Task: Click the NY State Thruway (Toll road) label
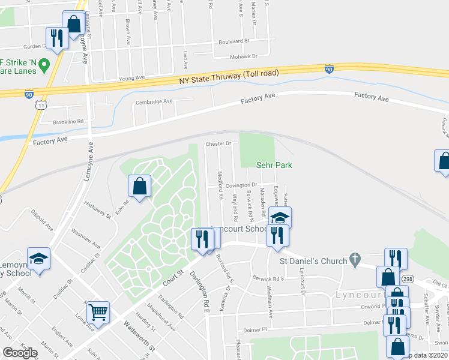click(229, 76)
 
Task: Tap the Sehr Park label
click(273, 164)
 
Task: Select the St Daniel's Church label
click(313, 261)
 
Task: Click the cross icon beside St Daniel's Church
click(356, 260)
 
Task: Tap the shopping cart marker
click(98, 311)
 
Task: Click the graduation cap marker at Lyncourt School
click(279, 217)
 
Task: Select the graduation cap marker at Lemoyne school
click(38, 259)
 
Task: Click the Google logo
click(20, 353)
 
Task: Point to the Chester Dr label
click(218, 144)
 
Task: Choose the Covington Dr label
click(241, 185)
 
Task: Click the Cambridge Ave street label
click(154, 102)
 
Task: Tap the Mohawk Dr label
click(243, 56)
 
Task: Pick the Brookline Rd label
click(67, 121)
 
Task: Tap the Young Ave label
click(132, 78)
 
